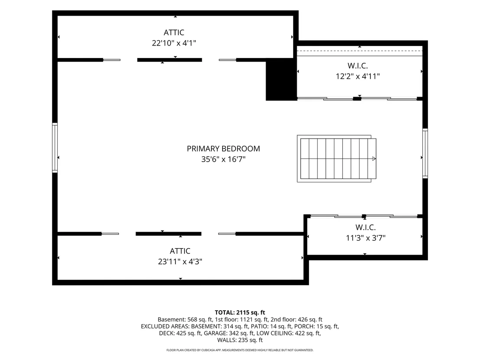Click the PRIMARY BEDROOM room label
[x=223, y=149]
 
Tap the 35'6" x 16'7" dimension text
[x=223, y=159]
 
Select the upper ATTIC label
[x=174, y=32]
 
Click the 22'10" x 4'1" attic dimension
[x=174, y=43]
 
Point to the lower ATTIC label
[x=180, y=251]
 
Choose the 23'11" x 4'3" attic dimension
[x=180, y=262]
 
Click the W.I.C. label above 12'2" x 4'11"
[x=357, y=65]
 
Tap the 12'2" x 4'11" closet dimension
[x=357, y=76]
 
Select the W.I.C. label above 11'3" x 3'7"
[x=366, y=227]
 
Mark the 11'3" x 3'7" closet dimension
[x=366, y=238]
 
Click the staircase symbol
[x=337, y=159]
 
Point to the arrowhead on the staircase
[x=374, y=159]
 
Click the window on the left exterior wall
[x=55, y=148]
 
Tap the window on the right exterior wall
[x=425, y=153]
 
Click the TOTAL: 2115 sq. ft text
[x=240, y=312]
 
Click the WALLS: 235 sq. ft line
[x=240, y=340]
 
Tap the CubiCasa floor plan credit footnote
[x=240, y=350]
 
